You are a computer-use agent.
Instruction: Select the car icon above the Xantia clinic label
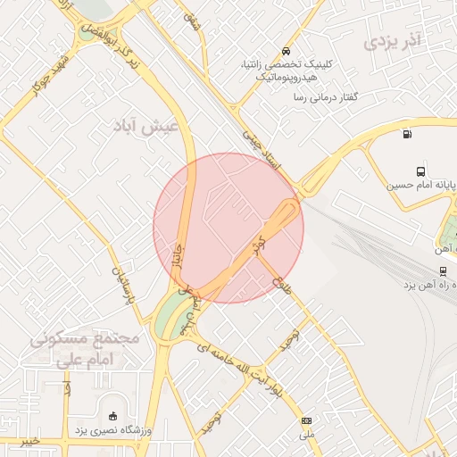pos(285,51)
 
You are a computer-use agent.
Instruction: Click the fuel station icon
pos(408,135)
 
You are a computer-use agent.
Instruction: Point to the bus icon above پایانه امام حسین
pos(420,171)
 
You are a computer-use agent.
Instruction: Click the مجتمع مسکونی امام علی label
pos(87,350)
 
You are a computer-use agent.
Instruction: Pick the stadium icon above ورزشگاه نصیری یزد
pos(112,416)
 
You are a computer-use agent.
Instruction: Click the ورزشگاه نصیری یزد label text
pos(112,432)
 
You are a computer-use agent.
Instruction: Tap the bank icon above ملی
pos(307,420)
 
